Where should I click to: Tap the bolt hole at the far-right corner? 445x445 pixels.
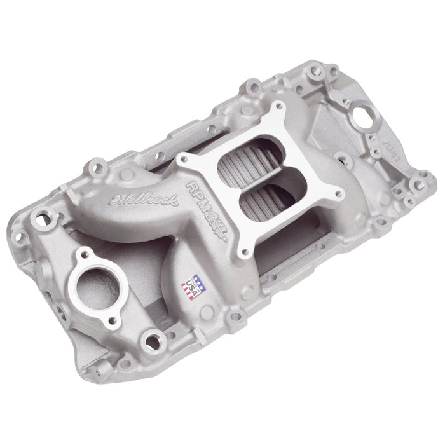click(417, 184)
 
